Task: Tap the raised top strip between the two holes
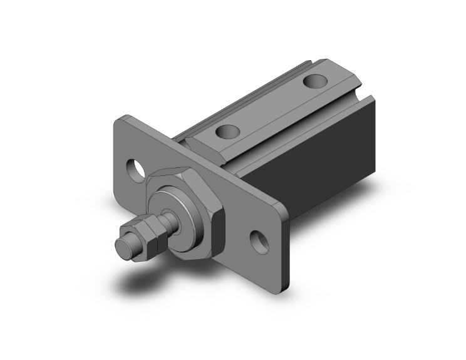coord(269,106)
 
